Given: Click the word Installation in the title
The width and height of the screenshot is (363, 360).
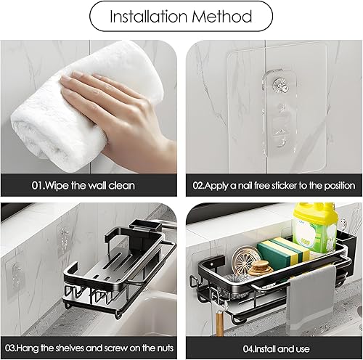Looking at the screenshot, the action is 149,17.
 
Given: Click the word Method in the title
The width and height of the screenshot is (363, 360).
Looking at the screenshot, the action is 222,17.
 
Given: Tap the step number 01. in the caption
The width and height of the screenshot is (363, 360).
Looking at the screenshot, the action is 38,186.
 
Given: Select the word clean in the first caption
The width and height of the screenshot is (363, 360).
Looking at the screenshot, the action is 122,186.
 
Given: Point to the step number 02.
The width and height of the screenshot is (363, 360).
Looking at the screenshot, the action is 199,186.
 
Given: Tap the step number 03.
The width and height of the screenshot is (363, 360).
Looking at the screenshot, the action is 11,348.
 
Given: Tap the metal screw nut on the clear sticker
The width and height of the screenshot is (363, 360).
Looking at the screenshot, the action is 280,85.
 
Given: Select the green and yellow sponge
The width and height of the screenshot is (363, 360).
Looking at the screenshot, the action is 283,253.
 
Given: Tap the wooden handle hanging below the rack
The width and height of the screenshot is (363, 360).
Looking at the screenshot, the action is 219,323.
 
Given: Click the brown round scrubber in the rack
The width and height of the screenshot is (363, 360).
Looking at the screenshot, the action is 259,268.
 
